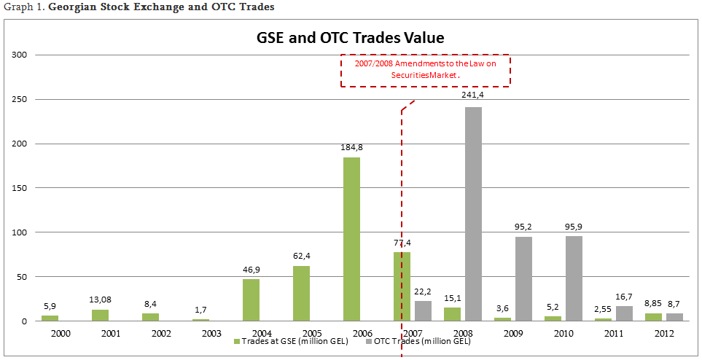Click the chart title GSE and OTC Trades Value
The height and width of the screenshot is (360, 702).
pyautogui.click(x=350, y=37)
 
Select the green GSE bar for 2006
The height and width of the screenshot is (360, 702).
pyautogui.click(x=351, y=239)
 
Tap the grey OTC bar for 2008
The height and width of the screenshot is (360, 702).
pyautogui.click(x=473, y=214)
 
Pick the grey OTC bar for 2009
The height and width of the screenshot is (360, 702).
pyautogui.click(x=523, y=278)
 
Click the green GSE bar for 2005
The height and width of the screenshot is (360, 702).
pyautogui.click(x=301, y=293)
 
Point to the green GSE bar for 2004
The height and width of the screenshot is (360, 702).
pyautogui.click(x=251, y=300)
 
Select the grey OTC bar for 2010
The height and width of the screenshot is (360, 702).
pyautogui.click(x=574, y=278)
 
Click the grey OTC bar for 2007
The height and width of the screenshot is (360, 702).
pyautogui.click(x=423, y=311)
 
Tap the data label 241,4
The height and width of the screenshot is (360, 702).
pyautogui.click(x=473, y=95)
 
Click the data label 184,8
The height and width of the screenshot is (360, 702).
pyautogui.click(x=351, y=146)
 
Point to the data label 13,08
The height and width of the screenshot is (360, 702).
pyautogui.click(x=100, y=299)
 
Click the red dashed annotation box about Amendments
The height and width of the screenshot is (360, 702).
pyautogui.click(x=426, y=70)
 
